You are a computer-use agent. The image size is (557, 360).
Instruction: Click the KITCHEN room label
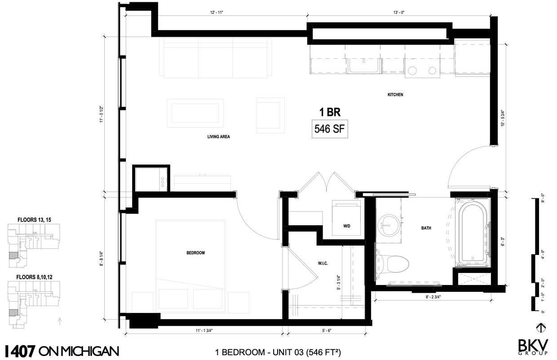[x=395, y=95]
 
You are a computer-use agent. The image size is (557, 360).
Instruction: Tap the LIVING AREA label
[x=218, y=137]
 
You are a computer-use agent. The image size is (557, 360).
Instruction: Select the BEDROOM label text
[x=195, y=253]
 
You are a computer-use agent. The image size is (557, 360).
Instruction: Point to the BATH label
[x=426, y=228]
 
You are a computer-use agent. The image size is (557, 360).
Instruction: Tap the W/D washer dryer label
[x=347, y=226]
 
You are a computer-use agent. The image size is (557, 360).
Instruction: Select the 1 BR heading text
[x=330, y=112]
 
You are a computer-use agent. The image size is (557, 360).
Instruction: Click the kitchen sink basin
[x=364, y=66]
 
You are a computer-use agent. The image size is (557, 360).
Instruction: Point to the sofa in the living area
[x=218, y=58]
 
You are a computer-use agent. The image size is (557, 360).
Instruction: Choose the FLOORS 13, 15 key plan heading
[x=34, y=220]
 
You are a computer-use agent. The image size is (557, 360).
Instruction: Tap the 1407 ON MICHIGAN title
[x=62, y=351]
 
